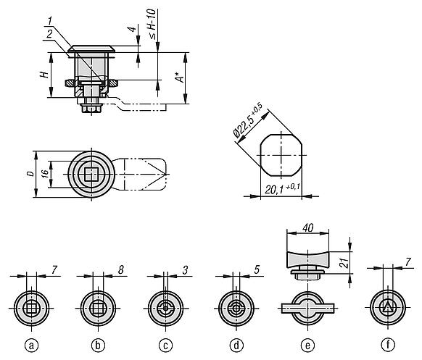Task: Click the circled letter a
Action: pos(31,345)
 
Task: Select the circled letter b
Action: pos(98,345)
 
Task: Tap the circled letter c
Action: pos(166,345)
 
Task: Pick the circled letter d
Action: pos(236,345)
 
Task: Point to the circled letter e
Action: pos(308,345)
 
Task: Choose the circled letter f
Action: pos(388,345)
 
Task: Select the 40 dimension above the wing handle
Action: pos(308,227)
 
